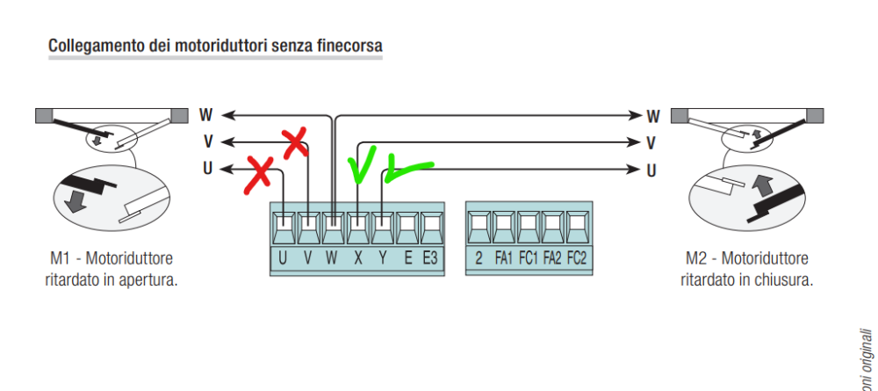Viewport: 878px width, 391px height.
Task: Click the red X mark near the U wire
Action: point(258,174)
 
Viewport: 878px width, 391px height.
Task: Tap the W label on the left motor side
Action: point(205,114)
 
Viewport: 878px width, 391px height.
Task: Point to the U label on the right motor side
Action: point(651,170)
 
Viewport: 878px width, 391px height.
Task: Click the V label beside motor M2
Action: point(651,142)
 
